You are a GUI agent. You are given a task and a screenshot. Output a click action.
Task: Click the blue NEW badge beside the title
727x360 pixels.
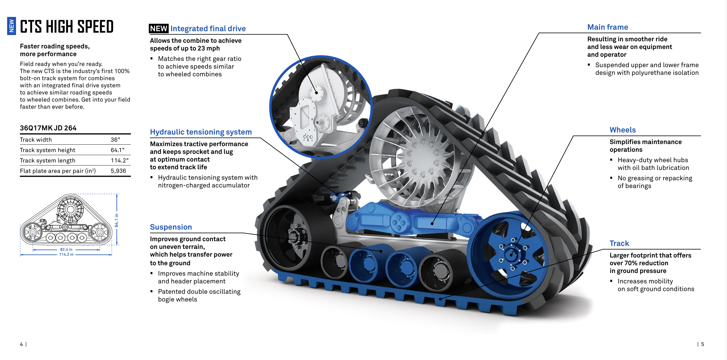pyautogui.click(x=12, y=26)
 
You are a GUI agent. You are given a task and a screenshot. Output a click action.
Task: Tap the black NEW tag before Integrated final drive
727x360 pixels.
pyautogui.click(x=159, y=29)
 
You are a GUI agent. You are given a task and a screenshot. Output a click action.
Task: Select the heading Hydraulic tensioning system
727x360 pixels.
pyautogui.click(x=201, y=132)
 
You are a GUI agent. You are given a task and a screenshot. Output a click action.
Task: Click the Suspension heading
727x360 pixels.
pyautogui.click(x=171, y=227)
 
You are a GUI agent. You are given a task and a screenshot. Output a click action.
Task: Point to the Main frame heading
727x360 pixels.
pyautogui.click(x=608, y=27)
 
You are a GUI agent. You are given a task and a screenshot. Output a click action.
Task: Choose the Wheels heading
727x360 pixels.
pyautogui.click(x=622, y=130)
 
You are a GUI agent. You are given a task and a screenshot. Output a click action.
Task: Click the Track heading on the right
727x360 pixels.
pyautogui.click(x=619, y=243)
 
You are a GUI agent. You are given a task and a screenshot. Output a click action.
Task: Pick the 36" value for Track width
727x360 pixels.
pyautogui.click(x=115, y=140)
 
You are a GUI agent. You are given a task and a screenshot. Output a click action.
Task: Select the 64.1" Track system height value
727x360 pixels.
pyautogui.click(x=117, y=150)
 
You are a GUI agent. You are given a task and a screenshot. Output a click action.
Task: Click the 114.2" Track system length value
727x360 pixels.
pyautogui.click(x=119, y=160)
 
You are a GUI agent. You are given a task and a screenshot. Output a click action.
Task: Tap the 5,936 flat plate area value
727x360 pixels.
pyautogui.click(x=118, y=171)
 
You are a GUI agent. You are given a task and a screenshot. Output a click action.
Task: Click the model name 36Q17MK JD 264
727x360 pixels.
pyautogui.click(x=48, y=128)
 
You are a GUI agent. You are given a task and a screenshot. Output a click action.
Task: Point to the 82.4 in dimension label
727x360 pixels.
pyautogui.click(x=66, y=250)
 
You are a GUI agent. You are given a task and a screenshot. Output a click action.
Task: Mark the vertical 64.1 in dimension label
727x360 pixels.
pyautogui.click(x=116, y=220)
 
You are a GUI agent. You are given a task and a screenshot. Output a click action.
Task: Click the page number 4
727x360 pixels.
pyautogui.click(x=21, y=344)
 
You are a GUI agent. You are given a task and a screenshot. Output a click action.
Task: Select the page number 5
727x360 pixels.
pyautogui.click(x=703, y=344)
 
